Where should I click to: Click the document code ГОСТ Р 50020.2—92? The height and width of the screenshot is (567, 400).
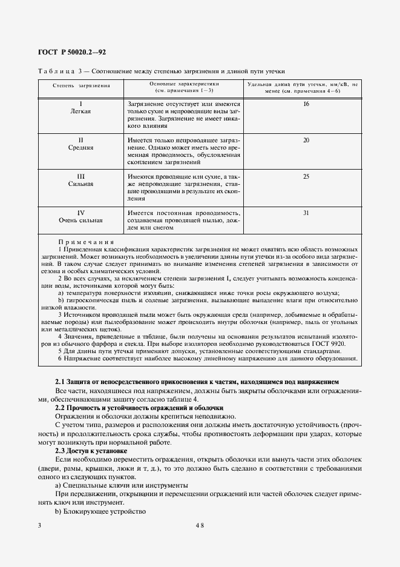(71, 53)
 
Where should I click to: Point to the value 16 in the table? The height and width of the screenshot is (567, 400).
(306, 105)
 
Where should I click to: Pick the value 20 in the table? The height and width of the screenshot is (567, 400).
(306, 140)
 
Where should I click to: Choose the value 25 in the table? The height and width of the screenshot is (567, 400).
(306, 176)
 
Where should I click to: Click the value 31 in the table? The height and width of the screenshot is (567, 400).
(306, 213)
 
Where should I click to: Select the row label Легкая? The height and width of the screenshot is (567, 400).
(80, 112)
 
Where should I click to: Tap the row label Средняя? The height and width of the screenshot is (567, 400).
(80, 147)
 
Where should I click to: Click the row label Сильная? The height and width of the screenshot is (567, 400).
(80, 183)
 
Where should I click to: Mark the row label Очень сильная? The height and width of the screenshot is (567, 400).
(80, 220)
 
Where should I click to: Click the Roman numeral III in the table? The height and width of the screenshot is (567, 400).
(80, 176)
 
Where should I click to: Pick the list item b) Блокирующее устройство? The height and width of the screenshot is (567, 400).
(100, 512)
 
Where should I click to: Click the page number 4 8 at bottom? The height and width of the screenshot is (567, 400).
(200, 526)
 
